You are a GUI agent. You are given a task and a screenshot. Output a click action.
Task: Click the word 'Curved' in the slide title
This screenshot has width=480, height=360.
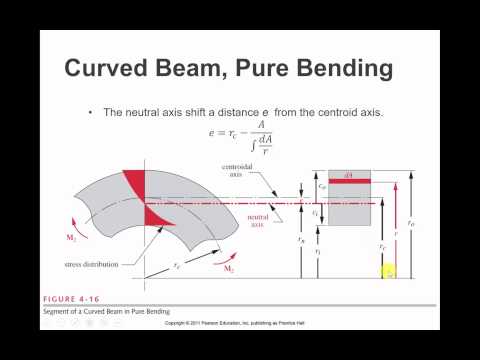(x=106, y=69)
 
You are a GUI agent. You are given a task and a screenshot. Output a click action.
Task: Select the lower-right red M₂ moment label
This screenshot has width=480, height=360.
(x=228, y=271)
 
